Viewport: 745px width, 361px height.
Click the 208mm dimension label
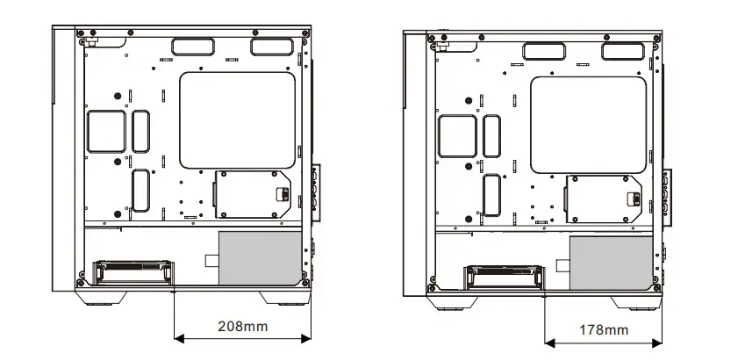[x=242, y=326]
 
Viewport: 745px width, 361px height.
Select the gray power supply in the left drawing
[x=257, y=257]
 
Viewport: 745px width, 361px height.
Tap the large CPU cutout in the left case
[x=236, y=120]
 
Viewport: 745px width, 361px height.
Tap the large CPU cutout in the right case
[x=588, y=124]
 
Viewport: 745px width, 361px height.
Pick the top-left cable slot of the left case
[x=191, y=46]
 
